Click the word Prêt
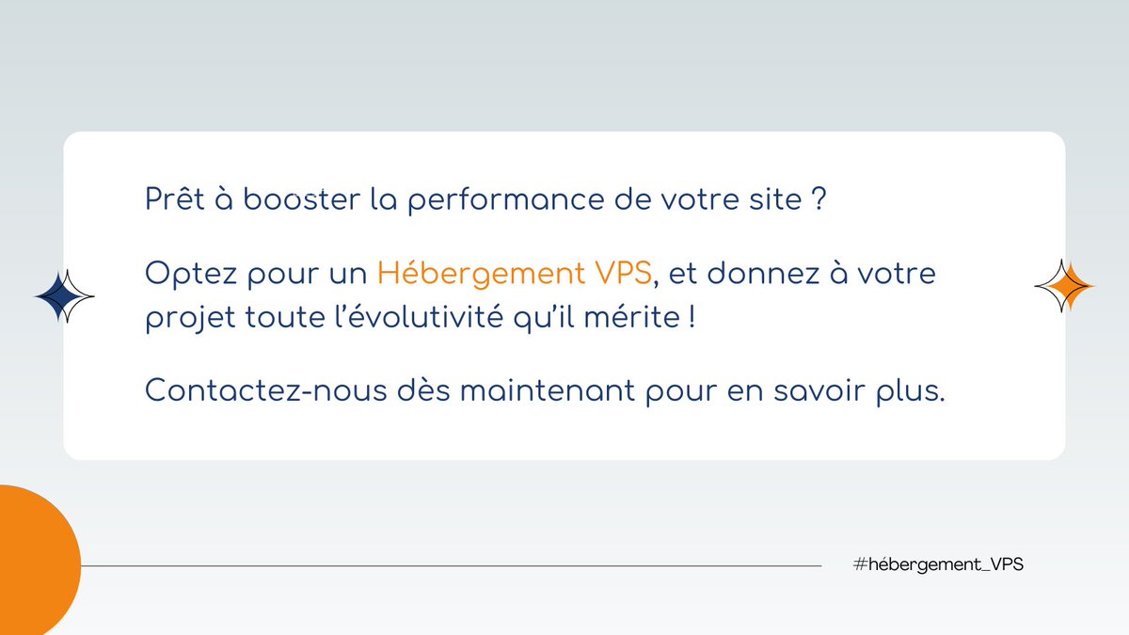(175, 200)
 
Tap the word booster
(280, 200)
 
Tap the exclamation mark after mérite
(692, 317)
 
